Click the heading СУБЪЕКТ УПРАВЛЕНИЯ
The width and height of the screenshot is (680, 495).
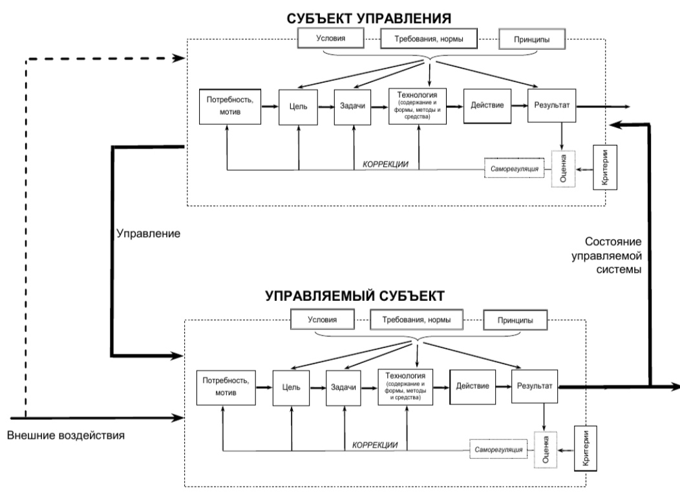368,19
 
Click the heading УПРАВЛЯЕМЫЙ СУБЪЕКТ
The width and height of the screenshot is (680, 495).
355,296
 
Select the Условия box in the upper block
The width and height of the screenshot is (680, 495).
330,38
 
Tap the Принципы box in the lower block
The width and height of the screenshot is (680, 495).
515,320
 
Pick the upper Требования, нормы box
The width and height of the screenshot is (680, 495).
429,39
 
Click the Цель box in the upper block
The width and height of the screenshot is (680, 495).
298,107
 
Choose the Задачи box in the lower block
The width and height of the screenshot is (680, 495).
343,388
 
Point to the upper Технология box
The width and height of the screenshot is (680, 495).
417,106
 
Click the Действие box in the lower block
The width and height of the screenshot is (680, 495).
473,387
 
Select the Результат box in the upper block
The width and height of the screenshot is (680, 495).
551,105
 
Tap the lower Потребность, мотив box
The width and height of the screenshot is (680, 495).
226,388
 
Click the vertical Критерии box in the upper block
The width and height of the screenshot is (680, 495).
605,168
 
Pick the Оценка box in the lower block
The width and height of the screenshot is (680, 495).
546,450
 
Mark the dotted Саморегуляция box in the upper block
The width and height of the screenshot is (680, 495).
515,168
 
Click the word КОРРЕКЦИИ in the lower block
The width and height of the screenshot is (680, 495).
375,445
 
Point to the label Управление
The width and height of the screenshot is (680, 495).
148,234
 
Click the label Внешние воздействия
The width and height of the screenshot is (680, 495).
66,435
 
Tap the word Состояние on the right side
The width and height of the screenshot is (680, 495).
613,242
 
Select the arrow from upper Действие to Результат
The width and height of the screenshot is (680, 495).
519,105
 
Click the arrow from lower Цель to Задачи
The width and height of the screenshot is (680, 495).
317,388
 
